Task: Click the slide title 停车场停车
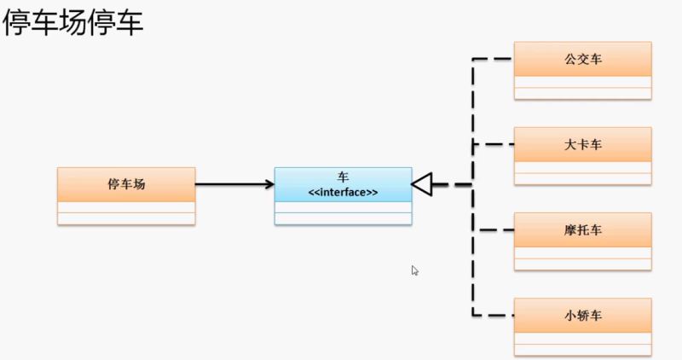(x=72, y=23)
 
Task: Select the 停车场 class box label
(x=126, y=183)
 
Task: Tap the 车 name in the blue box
(x=343, y=177)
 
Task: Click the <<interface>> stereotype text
(x=343, y=192)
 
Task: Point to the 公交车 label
(x=583, y=59)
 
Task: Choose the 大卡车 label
(x=583, y=144)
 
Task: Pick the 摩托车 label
(x=583, y=229)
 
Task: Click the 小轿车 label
(x=583, y=315)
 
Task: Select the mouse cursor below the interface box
(x=414, y=270)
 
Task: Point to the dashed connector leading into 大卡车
(x=494, y=144)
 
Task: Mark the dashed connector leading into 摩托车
(x=494, y=229)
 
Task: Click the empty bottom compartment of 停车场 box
(x=126, y=218)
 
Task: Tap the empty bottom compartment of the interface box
(x=343, y=218)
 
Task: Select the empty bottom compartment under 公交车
(x=583, y=93)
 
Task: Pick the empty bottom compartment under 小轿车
(x=583, y=349)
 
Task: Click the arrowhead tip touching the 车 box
(x=271, y=183)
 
